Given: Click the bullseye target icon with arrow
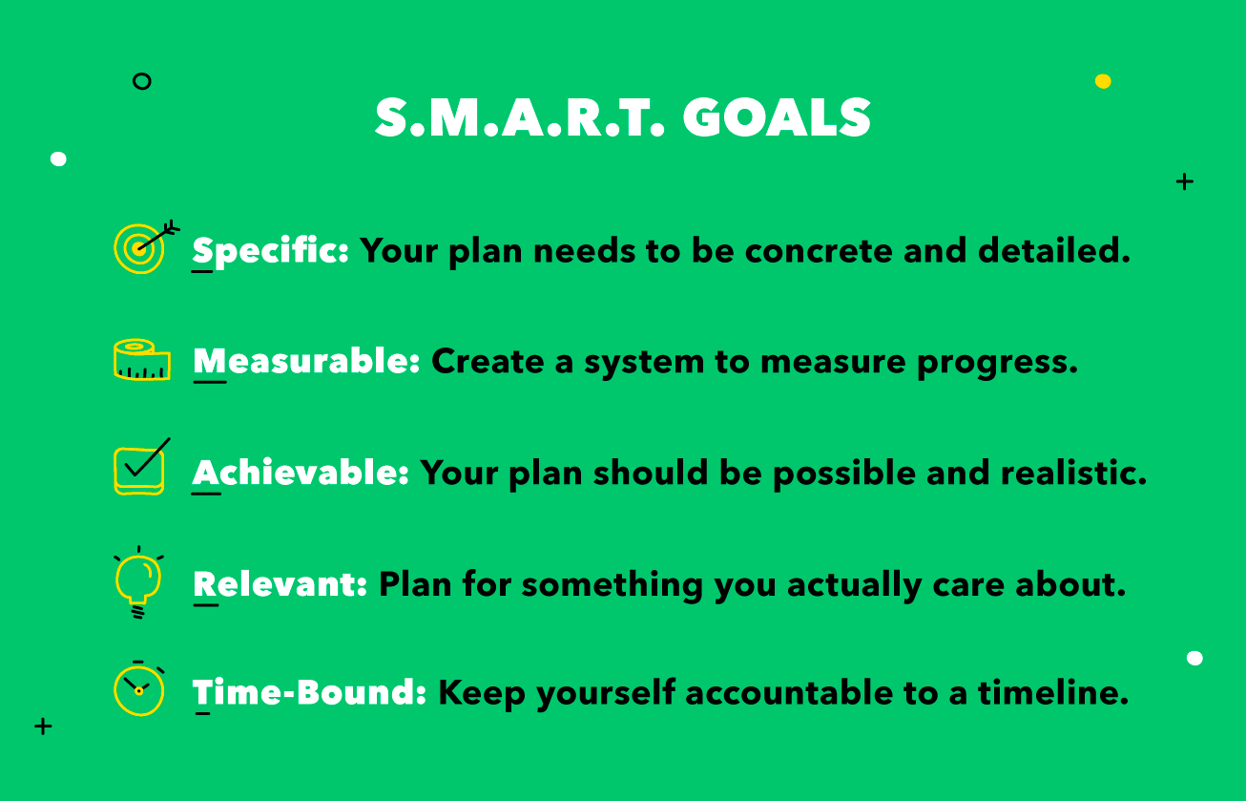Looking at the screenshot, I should point(143,245).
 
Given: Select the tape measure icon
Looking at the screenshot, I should point(141,360).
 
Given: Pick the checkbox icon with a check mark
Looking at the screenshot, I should point(140,468).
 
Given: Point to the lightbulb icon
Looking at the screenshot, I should point(138,580).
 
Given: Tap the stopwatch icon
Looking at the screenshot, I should point(139,687).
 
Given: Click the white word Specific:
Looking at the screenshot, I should point(271,252).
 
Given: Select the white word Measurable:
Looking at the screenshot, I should point(306,362).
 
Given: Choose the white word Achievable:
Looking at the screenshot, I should point(301,473).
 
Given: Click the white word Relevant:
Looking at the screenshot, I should point(280,584).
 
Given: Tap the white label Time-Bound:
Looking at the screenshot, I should point(309,693).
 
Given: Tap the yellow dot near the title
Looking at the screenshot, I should point(1103,81).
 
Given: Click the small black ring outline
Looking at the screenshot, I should point(142,81).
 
